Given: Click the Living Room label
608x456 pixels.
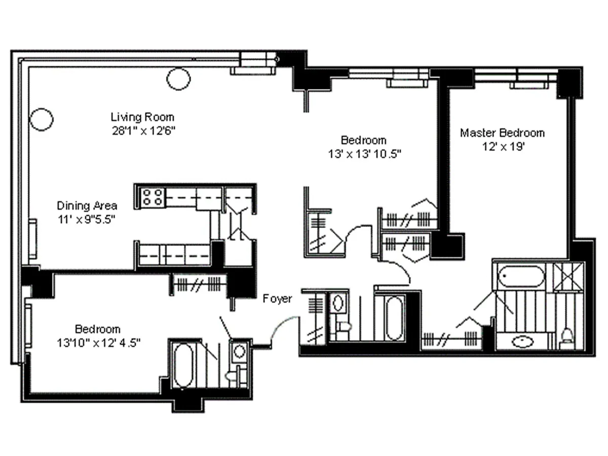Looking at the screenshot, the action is coord(142,117).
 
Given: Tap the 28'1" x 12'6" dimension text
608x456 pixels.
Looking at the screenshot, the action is coord(143,131).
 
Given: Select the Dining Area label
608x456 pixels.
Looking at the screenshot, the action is coord(87,205).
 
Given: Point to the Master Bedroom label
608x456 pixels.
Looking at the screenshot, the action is coord(502,133).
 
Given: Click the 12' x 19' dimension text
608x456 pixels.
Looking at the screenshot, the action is coord(504,146).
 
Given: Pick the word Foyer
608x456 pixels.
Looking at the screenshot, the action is coord(277,298).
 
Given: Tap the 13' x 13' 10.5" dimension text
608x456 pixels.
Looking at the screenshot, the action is coord(364,154).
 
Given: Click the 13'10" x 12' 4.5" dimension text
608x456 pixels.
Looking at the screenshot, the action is coord(99,343).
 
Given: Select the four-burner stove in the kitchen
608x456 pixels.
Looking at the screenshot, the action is coord(153,197).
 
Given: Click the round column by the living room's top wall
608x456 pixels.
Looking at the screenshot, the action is coord(178,79).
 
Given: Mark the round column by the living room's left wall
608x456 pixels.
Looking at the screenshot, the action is coord(41,120).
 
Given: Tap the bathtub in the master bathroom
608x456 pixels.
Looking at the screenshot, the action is coord(521,276).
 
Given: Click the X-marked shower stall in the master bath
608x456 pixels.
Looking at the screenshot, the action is coord(568,277).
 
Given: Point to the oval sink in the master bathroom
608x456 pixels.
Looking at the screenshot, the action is coord(522,341).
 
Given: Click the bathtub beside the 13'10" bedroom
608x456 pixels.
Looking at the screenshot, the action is coord(183,365).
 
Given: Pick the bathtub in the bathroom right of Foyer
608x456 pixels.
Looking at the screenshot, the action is coord(394,318).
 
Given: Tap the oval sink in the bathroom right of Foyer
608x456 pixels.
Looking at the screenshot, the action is coord(338,303).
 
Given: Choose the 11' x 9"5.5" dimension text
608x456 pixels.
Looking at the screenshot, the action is coord(87,219).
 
